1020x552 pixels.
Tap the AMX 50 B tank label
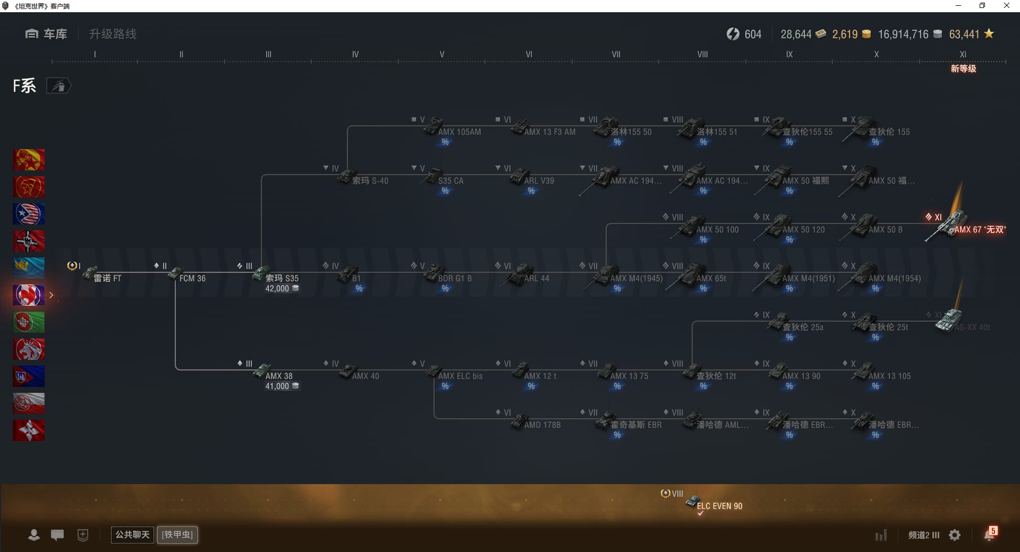[x=885, y=230]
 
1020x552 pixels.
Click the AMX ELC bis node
[x=460, y=376]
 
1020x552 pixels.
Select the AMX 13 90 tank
[x=801, y=376]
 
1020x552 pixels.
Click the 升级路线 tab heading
[x=113, y=34]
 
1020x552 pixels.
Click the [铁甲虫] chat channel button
[x=177, y=534]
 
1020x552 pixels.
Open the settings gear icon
[x=955, y=535]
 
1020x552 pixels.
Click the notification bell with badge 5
[x=989, y=534]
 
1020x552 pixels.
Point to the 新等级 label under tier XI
[x=963, y=68]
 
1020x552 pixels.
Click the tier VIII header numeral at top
[x=702, y=54]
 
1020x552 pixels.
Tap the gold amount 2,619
[x=845, y=34]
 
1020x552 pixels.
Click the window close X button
[x=1006, y=6]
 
